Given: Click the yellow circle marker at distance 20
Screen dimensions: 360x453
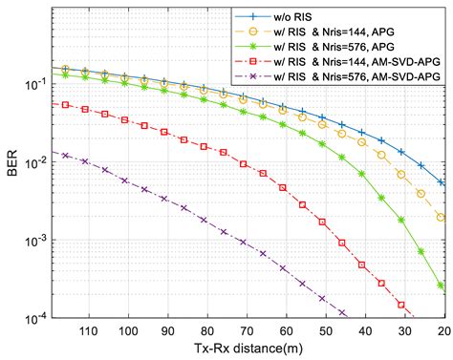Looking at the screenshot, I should point(442,218).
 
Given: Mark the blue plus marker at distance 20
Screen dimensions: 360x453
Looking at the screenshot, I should point(442,182).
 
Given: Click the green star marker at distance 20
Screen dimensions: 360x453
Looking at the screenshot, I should point(442,286).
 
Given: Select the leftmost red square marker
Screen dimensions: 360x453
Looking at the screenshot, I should point(66,105).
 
